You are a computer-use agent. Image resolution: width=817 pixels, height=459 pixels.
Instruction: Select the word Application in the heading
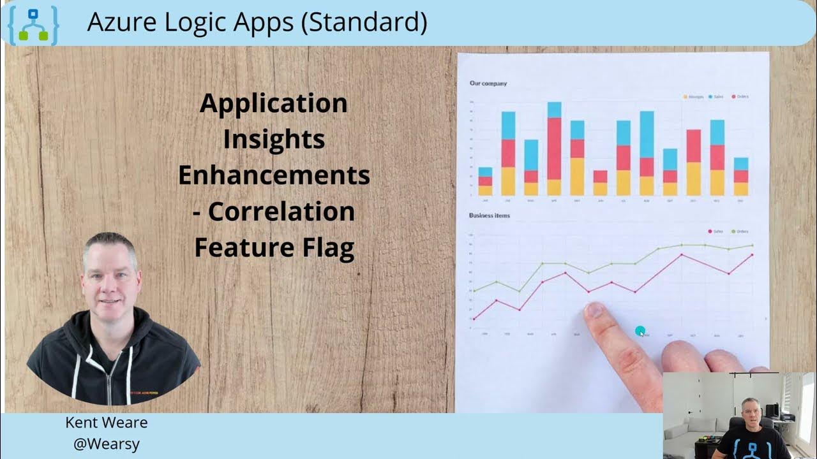pyautogui.click(x=273, y=103)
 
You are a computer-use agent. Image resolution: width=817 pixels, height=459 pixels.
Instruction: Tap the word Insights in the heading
pyautogui.click(x=273, y=140)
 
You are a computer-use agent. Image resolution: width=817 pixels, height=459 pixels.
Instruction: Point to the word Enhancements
pyautogui.click(x=273, y=175)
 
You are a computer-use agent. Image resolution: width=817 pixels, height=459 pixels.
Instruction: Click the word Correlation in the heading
pyautogui.click(x=281, y=212)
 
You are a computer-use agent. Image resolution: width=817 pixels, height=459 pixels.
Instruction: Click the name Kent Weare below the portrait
pyautogui.click(x=107, y=423)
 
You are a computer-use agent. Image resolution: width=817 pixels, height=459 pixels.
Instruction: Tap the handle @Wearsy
pyautogui.click(x=107, y=444)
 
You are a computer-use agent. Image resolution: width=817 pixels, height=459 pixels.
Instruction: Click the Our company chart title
pyautogui.click(x=488, y=84)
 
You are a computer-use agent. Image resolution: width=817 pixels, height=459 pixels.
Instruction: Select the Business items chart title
pyautogui.click(x=490, y=215)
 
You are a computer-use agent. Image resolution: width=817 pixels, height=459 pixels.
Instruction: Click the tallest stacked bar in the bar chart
pyautogui.click(x=554, y=149)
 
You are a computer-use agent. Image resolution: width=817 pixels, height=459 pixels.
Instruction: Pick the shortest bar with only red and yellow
pyautogui.click(x=600, y=183)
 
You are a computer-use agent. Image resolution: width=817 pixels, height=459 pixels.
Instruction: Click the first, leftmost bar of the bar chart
pyautogui.click(x=485, y=182)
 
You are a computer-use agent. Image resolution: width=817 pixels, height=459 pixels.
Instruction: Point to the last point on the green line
pyautogui.click(x=752, y=245)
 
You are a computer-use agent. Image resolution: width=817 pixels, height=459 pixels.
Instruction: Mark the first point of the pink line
pyautogui.click(x=474, y=318)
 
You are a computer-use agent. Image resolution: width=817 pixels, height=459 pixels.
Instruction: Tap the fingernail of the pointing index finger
pyautogui.click(x=594, y=310)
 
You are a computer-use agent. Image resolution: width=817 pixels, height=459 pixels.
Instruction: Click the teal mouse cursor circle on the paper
pyautogui.click(x=640, y=331)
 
